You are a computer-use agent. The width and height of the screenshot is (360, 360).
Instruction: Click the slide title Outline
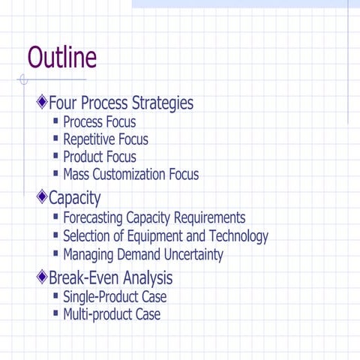point(62,58)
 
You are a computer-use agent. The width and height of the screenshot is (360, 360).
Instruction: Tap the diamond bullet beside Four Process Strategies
point(42,102)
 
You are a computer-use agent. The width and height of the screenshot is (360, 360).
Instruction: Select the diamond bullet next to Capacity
point(42,198)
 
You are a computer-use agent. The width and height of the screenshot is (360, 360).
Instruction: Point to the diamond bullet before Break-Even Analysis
point(42,278)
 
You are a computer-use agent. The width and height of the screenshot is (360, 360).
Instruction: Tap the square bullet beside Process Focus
point(56,121)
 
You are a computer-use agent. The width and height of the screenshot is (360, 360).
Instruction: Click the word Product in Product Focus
point(84,157)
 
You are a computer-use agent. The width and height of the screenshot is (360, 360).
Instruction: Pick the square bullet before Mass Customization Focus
point(56,174)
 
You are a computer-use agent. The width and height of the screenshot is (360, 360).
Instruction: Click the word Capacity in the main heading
point(74,199)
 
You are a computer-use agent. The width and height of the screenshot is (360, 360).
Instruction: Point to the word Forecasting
point(93,218)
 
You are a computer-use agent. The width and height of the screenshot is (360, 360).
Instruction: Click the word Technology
point(234,236)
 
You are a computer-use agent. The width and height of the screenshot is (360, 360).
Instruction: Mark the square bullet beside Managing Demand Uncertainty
point(56,253)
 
